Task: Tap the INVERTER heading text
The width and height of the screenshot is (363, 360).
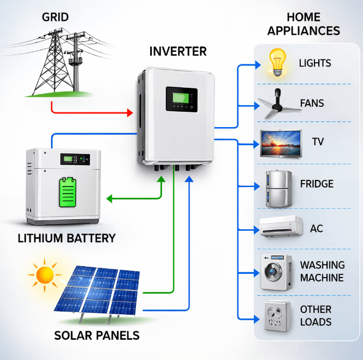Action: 178,52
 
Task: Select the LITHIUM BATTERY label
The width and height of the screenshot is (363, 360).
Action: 67,238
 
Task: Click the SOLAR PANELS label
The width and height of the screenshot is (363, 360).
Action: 97,335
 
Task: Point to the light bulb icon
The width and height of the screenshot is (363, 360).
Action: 277,63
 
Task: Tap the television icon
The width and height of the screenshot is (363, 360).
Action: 281,143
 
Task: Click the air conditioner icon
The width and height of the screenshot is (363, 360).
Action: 281,226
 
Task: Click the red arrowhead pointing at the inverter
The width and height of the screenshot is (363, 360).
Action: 130,113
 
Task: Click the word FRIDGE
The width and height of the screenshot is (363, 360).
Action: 317,184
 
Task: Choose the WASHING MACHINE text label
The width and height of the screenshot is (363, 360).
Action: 322,271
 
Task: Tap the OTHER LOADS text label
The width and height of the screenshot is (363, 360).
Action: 316,316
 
